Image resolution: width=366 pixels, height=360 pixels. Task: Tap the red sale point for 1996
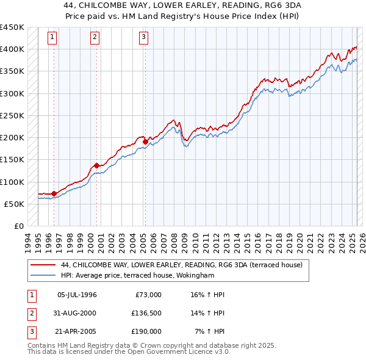54,193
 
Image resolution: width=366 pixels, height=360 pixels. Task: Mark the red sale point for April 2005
145,142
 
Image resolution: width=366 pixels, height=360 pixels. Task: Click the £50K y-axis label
15,204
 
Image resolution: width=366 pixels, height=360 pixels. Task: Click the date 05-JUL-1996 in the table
77,295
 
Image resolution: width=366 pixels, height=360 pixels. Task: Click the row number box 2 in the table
30,313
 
